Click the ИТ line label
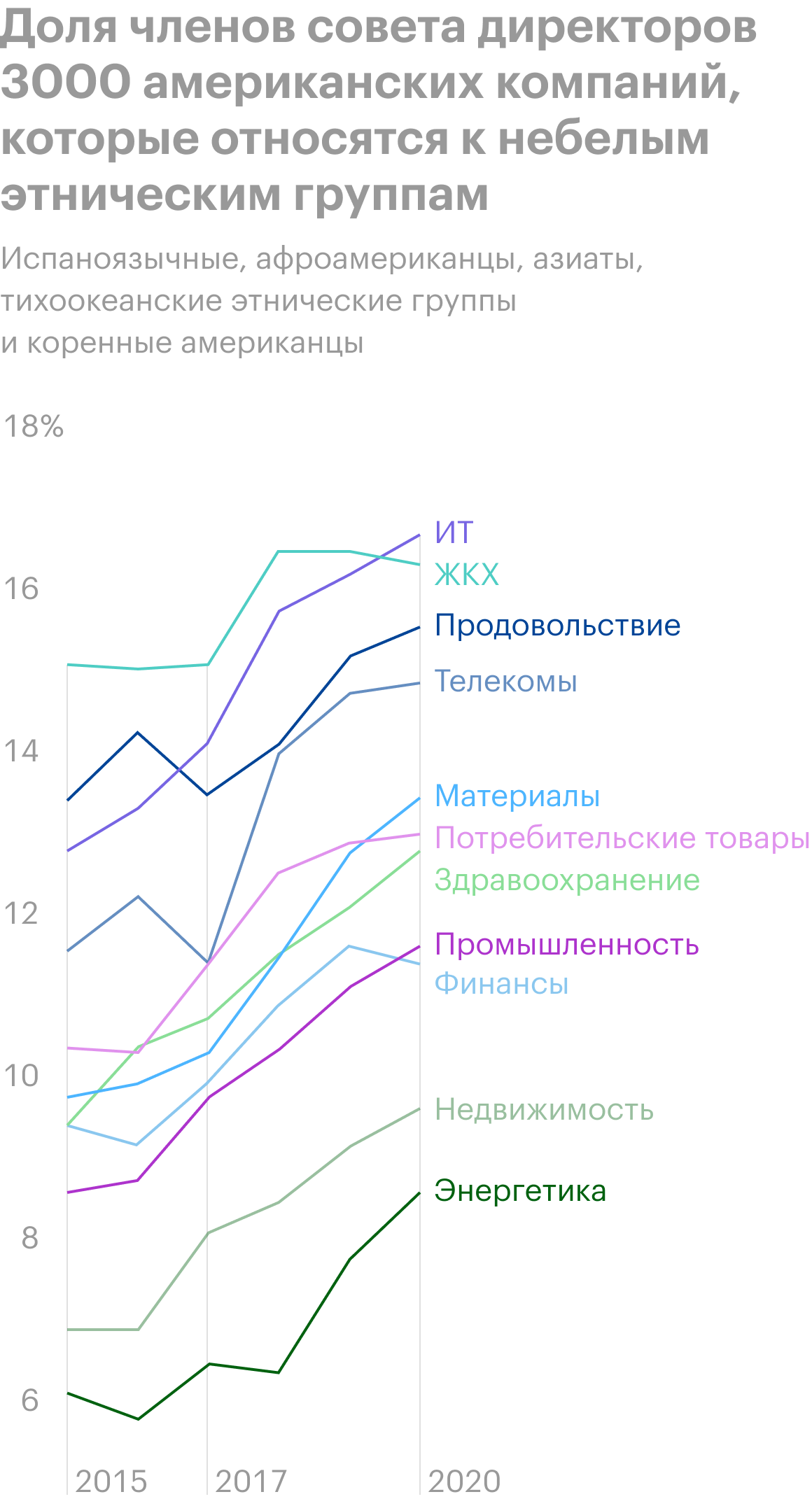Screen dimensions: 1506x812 454,533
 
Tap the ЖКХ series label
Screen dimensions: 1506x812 467,575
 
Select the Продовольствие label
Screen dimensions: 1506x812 557,626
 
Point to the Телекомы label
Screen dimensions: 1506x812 505,681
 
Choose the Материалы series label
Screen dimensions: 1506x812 517,796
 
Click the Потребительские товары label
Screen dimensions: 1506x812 622,838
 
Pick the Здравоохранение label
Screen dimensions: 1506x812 566,880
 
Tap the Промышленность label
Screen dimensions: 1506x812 566,945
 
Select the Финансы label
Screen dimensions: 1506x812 501,984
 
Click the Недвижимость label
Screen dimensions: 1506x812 544,1110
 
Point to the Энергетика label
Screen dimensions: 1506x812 519,1191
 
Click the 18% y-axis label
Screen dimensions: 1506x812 34,426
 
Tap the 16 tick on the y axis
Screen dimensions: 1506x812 21,589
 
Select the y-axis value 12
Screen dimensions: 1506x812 21,913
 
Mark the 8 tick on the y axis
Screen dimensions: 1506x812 29,1238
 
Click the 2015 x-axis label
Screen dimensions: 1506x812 111,1482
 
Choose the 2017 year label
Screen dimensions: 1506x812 251,1482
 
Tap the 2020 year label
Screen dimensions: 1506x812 464,1482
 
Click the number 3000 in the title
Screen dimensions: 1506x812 66,83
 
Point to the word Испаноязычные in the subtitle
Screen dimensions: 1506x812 120,259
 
